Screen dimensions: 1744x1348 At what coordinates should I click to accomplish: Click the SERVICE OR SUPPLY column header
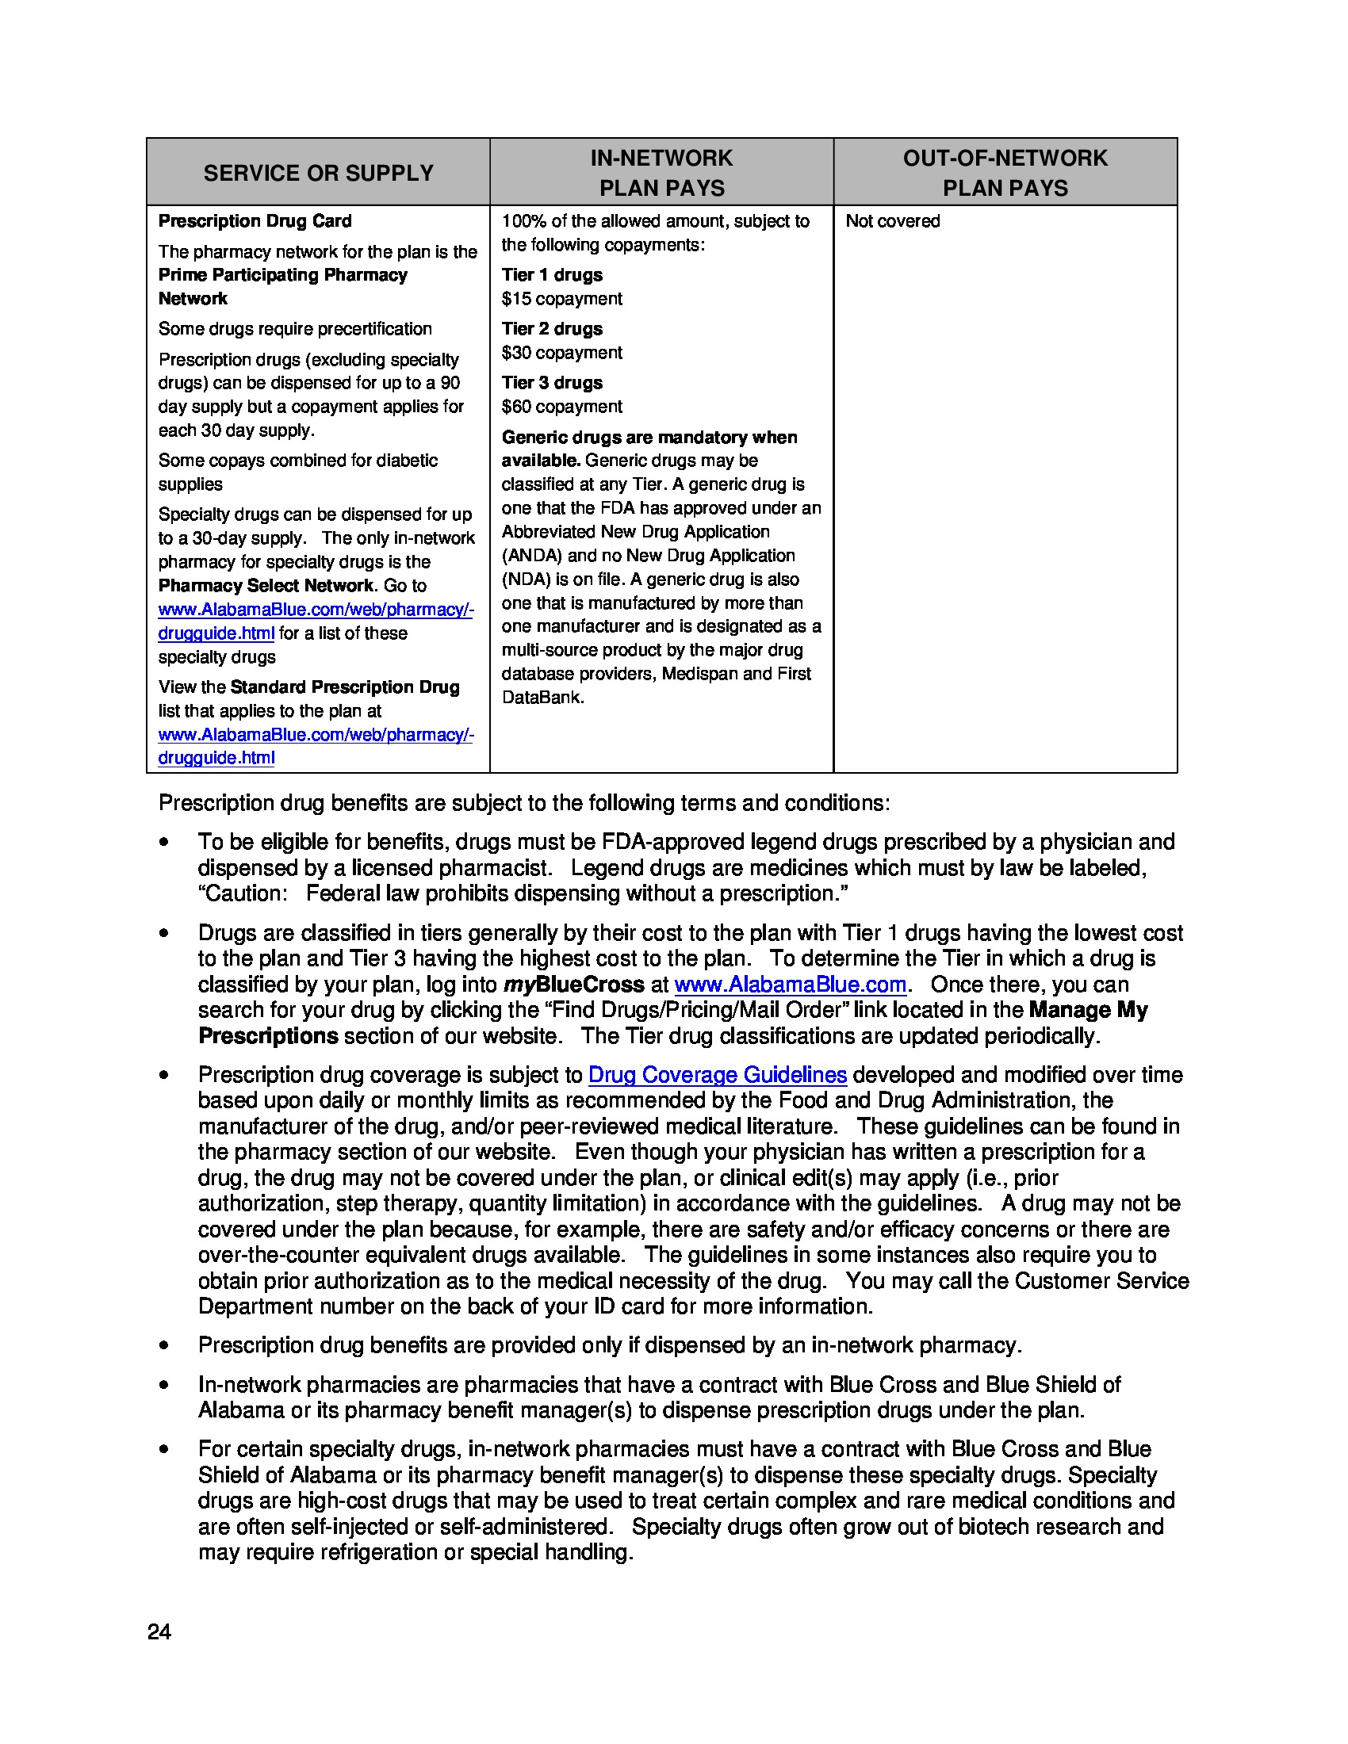pyautogui.click(x=318, y=173)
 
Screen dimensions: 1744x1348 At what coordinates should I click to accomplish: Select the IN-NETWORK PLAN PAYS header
pyautogui.click(x=661, y=173)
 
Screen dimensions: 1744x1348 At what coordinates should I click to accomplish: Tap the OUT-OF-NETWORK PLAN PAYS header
pyautogui.click(x=1005, y=173)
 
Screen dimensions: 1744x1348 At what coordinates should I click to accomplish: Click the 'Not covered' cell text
pyautogui.click(x=892, y=221)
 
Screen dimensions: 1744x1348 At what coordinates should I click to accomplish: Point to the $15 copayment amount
pyautogui.click(x=561, y=299)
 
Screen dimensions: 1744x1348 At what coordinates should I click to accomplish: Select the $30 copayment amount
pyautogui.click(x=561, y=353)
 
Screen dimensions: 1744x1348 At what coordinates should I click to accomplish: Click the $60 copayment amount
pyautogui.click(x=561, y=407)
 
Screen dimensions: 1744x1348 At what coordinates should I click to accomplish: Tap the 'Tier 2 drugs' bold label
pyautogui.click(x=552, y=329)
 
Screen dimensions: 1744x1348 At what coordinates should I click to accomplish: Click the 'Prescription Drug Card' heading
pyautogui.click(x=255, y=221)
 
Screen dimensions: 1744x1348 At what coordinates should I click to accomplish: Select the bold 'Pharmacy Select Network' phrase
pyautogui.click(x=266, y=585)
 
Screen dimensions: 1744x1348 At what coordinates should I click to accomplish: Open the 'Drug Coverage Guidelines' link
pyautogui.click(x=717, y=1075)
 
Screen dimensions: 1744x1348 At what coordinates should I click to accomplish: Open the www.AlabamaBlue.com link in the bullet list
pyautogui.click(x=790, y=985)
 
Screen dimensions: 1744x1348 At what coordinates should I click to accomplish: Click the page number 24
pyautogui.click(x=159, y=1631)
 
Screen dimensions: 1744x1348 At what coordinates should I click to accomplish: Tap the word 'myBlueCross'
pyautogui.click(x=573, y=985)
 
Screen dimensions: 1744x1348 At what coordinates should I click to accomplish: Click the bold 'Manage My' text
pyautogui.click(x=1089, y=1010)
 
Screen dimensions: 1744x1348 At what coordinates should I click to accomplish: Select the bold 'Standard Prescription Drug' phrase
pyautogui.click(x=345, y=687)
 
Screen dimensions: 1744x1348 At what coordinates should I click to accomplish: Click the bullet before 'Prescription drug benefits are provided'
pyautogui.click(x=163, y=1345)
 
